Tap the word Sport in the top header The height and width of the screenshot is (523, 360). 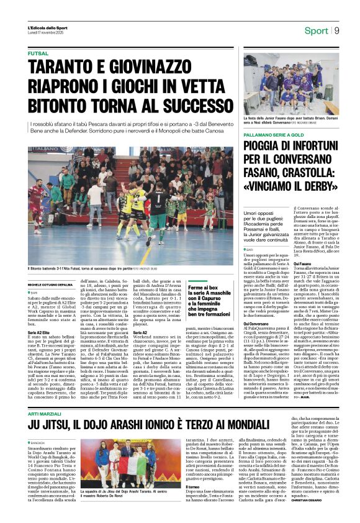pyautogui.click(x=316, y=30)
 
